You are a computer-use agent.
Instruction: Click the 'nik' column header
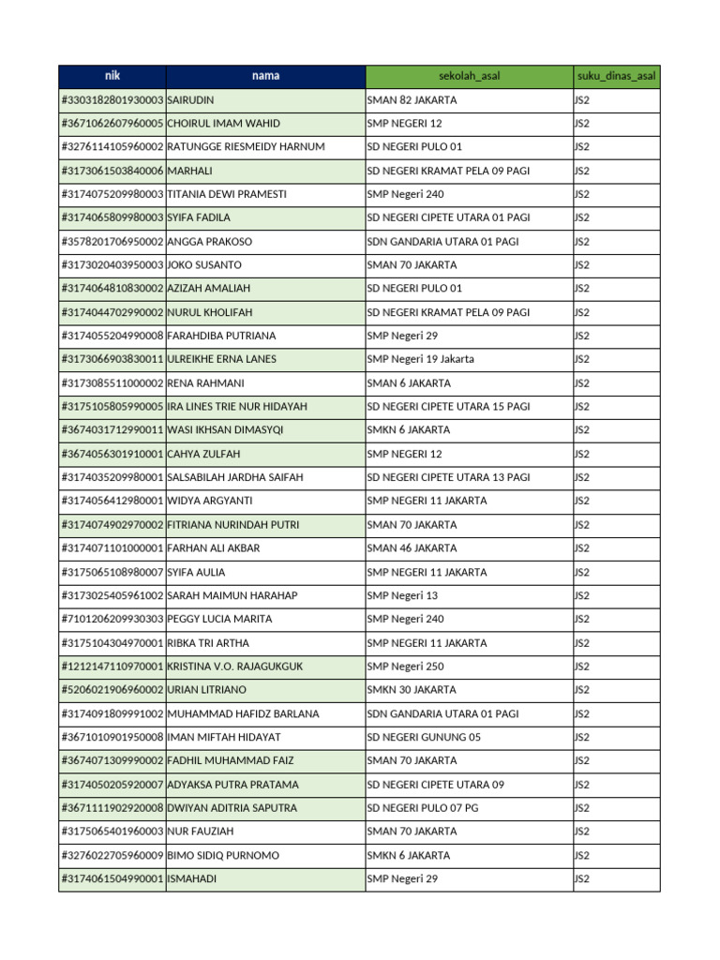click(112, 76)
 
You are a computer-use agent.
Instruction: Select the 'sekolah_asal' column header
click(469, 76)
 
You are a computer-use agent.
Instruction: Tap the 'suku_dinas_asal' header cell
click(616, 76)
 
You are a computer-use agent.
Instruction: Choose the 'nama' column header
click(265, 76)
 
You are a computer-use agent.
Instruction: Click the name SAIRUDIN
click(197, 99)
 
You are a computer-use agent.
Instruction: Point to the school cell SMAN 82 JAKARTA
click(412, 99)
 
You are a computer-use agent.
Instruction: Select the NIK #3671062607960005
click(112, 124)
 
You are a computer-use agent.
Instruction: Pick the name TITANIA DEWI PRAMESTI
click(227, 194)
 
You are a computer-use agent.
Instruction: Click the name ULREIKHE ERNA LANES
click(221, 359)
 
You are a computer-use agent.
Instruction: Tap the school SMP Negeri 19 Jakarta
click(420, 359)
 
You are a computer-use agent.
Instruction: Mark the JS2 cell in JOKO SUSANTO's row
click(582, 265)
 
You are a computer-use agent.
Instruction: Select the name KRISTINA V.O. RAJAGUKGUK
click(234, 667)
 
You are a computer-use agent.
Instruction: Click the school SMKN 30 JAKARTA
click(412, 690)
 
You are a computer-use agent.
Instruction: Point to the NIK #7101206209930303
click(112, 619)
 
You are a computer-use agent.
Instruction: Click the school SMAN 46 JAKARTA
click(412, 548)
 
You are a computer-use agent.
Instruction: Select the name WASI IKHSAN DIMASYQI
click(225, 429)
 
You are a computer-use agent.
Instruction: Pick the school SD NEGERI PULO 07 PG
click(423, 808)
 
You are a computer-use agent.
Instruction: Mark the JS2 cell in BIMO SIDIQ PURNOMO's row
click(582, 855)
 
